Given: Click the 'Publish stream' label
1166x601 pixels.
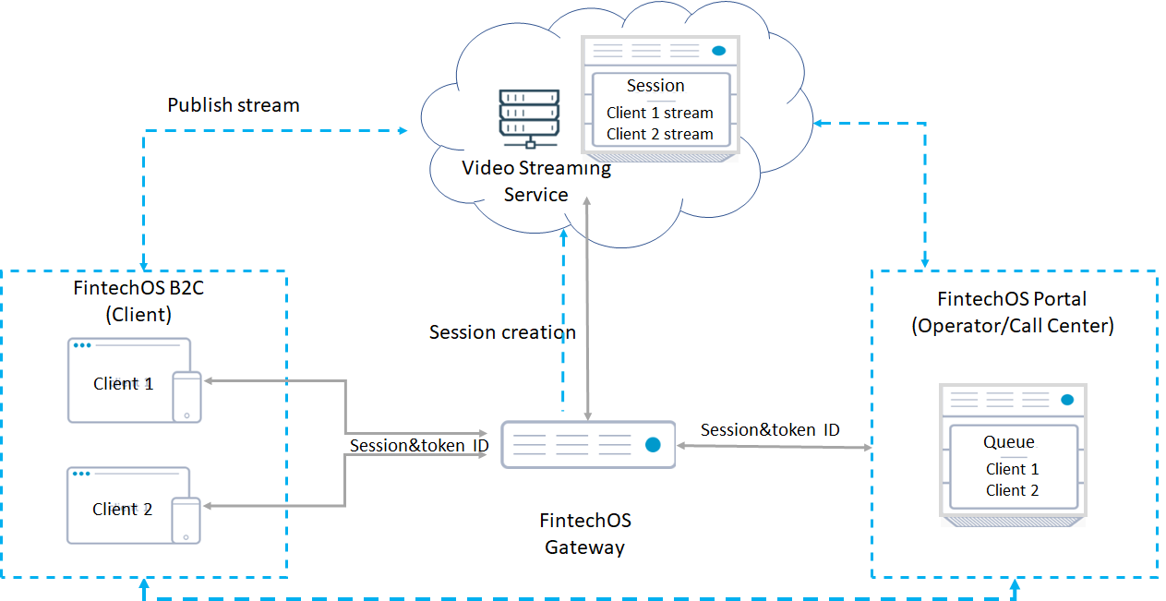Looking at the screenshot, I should click(233, 105).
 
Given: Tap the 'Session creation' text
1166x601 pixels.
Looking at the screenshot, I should click(502, 332).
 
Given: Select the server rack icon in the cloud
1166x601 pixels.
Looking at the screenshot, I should click(529, 118).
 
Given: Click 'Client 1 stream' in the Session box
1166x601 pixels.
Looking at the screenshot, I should click(659, 113).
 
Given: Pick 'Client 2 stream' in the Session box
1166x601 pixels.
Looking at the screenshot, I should click(659, 134).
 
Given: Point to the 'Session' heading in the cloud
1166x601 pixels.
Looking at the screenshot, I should click(655, 86).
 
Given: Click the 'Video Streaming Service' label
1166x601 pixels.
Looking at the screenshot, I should click(536, 181).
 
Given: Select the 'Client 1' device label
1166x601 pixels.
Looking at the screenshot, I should click(123, 384).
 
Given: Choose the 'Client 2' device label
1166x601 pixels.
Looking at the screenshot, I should click(122, 510).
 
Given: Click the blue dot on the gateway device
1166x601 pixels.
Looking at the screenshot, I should click(653, 445).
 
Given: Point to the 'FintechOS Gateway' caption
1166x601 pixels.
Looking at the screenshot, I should click(585, 534).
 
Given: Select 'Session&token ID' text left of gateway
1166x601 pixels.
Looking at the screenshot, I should click(418, 446).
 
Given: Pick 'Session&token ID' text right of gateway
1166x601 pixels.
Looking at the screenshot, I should click(770, 430).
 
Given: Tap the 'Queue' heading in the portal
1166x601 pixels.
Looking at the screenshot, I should click(1008, 442).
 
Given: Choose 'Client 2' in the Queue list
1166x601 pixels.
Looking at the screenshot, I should click(1012, 490).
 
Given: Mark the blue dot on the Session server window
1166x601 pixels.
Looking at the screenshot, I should click(718, 51).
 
